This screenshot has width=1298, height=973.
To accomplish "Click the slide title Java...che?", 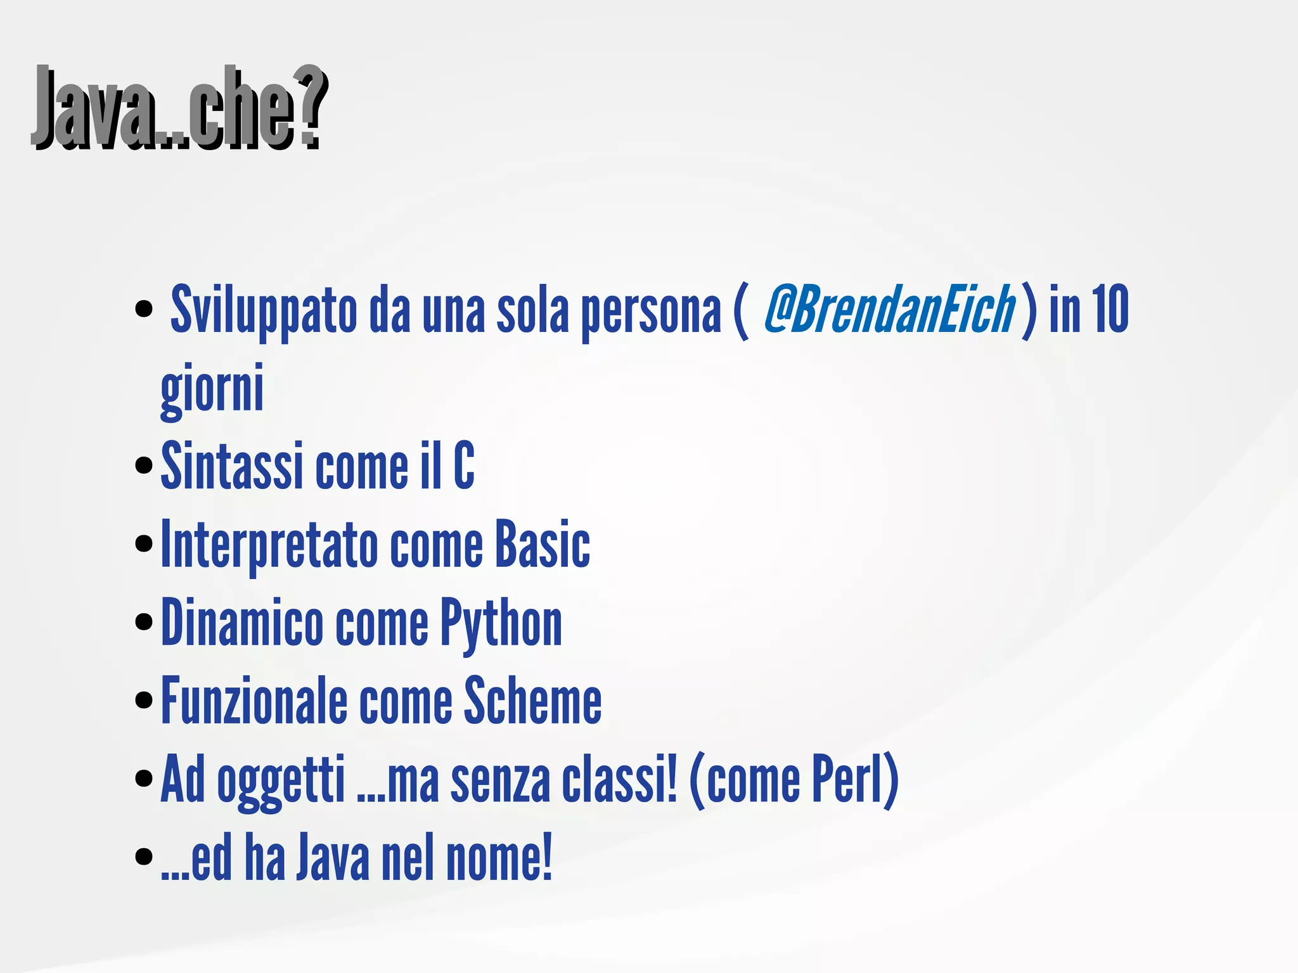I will coord(181,108).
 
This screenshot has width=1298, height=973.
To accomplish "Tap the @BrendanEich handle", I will coord(889,309).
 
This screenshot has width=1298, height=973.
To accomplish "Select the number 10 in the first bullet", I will coord(1110,309).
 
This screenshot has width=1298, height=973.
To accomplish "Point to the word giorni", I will coord(212,388).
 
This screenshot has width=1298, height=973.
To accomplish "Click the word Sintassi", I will coord(231,466).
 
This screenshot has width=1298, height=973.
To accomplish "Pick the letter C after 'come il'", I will coord(464,466).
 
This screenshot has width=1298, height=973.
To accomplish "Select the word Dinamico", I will coord(242,623).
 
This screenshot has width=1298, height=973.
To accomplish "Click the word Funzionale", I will coord(254,701).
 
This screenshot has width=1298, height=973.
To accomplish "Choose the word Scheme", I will coord(532,701).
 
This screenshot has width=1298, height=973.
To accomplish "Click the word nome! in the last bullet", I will coord(499,858).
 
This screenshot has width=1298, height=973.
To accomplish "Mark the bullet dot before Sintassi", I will coord(145,466).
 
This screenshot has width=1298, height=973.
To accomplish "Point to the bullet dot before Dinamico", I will coord(145,622).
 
